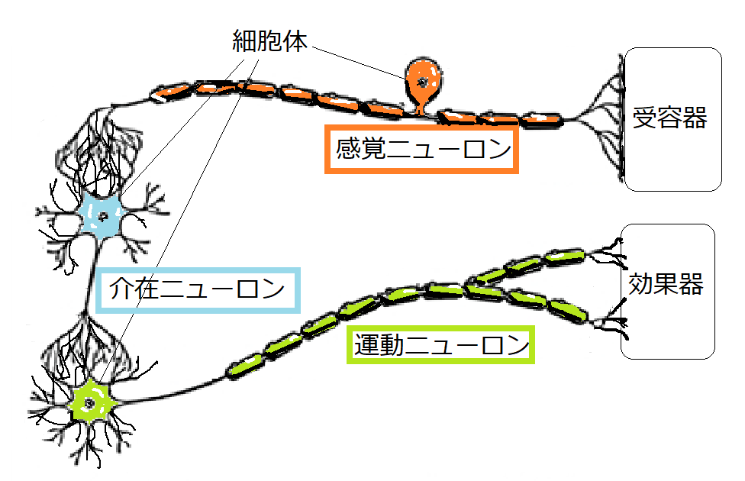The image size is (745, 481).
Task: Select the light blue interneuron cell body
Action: [100, 215]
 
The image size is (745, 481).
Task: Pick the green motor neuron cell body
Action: [90, 401]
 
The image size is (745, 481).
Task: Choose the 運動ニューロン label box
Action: [440, 345]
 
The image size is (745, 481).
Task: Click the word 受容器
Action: [669, 118]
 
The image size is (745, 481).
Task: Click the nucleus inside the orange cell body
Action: [419, 78]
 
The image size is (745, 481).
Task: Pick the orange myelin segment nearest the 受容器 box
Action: [541, 119]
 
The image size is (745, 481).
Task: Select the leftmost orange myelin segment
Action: [169, 92]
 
